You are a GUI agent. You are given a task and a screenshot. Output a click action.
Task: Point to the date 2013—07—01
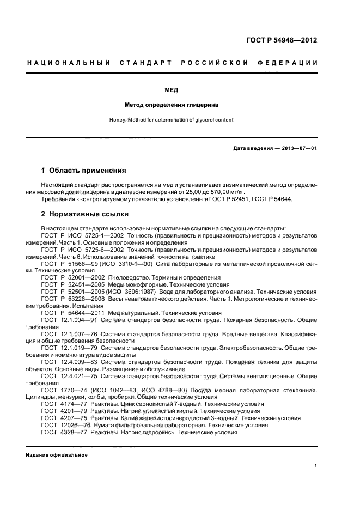pyautogui.click(x=297, y=148)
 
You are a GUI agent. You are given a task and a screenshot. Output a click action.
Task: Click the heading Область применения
pyautogui.click(x=87, y=170)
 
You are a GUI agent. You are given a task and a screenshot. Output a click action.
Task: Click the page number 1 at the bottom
pyautogui.click(x=316, y=466)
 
